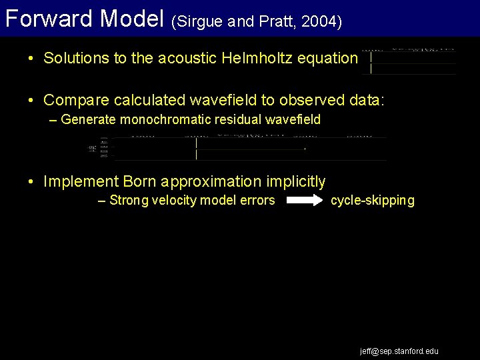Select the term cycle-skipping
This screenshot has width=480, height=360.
373,200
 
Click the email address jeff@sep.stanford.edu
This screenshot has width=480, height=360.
399,351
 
